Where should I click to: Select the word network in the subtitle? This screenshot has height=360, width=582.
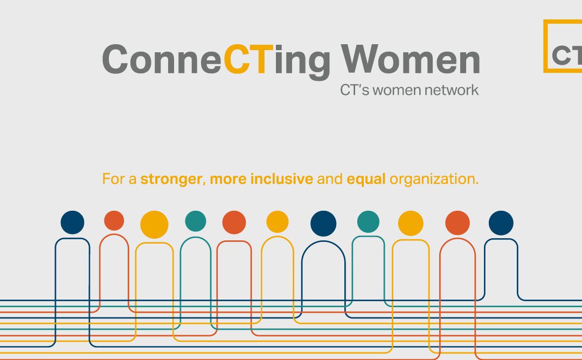click(452, 90)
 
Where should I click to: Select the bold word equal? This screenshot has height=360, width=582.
click(366, 179)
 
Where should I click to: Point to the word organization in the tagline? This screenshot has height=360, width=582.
click(434, 179)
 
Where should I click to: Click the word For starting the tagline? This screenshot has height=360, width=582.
click(113, 179)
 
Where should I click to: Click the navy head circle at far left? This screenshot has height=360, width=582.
click(72, 222)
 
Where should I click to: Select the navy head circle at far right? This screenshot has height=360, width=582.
click(501, 222)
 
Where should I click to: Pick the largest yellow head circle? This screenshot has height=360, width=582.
click(154, 224)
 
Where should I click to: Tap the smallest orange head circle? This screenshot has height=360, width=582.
click(114, 220)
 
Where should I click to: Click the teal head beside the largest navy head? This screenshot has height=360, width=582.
click(368, 221)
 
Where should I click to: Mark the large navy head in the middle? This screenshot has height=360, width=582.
click(323, 223)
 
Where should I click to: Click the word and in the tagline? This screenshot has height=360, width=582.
click(330, 179)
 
